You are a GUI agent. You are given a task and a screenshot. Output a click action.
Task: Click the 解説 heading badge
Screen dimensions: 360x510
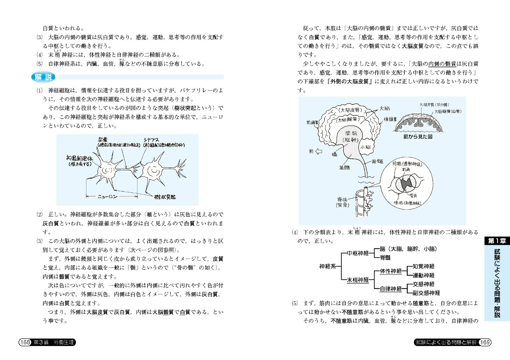click(43, 77)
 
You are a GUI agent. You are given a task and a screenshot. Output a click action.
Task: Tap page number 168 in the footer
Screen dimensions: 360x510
click(25, 342)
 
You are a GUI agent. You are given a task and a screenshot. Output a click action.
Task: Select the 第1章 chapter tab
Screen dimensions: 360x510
click(497, 241)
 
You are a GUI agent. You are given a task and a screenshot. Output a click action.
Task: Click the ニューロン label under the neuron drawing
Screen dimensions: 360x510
click(107, 197)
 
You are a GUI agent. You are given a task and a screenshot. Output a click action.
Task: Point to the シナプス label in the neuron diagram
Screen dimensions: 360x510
click(151, 140)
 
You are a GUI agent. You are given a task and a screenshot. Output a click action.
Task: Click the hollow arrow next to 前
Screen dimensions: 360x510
click(318, 151)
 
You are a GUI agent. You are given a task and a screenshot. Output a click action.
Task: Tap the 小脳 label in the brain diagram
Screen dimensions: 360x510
click(366, 147)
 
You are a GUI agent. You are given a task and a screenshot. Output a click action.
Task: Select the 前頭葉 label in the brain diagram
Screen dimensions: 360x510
click(312, 122)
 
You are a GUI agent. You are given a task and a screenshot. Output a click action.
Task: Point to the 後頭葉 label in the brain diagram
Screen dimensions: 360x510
click(390, 119)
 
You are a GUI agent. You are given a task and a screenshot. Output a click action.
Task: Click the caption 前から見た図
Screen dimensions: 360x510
click(418, 136)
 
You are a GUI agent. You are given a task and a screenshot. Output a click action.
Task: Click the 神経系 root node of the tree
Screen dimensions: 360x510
click(327, 266)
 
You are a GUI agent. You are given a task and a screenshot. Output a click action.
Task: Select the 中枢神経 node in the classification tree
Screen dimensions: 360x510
click(358, 253)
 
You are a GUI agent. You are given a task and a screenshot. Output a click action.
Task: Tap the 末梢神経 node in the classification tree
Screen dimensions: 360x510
click(358, 280)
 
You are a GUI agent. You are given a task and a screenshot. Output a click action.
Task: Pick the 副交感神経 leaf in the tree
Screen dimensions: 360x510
click(426, 293)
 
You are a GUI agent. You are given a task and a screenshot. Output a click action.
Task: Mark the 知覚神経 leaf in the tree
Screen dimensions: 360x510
click(423, 266)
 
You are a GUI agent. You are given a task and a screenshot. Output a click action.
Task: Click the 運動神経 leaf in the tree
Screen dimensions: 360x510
click(423, 275)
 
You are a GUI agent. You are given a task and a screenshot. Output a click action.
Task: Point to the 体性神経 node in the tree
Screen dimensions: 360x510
click(391, 271)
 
